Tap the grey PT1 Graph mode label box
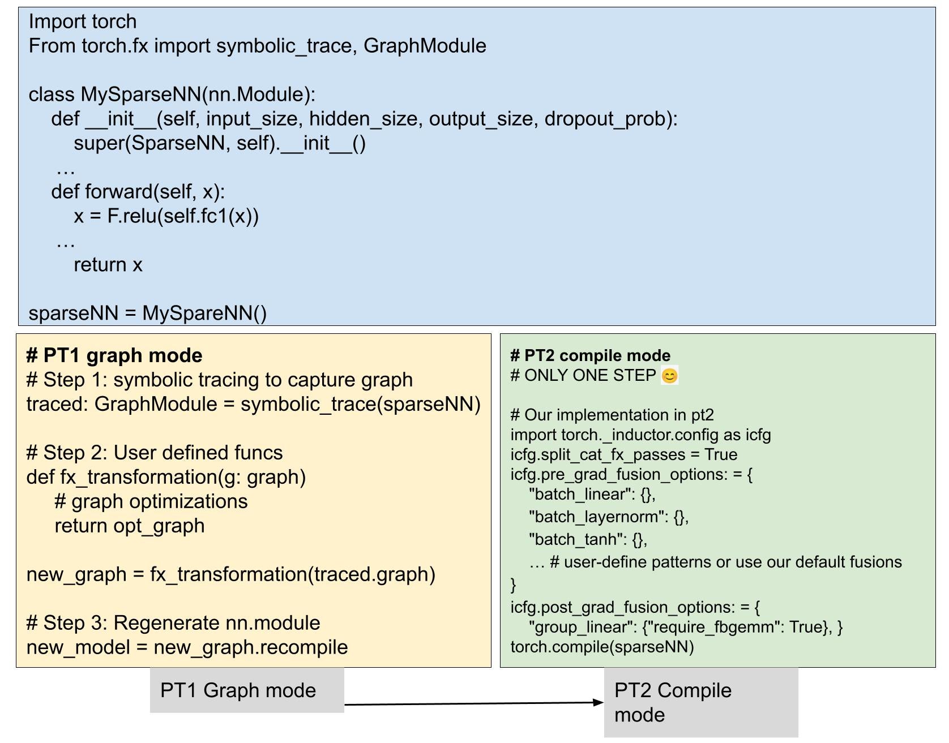point(246,690)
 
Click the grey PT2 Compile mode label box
point(700,702)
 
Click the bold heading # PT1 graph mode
point(114,355)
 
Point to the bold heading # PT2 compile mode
point(590,355)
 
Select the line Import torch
point(83,22)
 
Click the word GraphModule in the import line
point(425,46)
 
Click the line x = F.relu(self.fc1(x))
point(166,216)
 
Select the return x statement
point(108,265)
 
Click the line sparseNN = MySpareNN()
point(147,313)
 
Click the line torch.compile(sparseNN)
point(602,647)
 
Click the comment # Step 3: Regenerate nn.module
point(173,623)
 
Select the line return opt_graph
point(129,526)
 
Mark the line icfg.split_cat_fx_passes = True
point(623,454)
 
